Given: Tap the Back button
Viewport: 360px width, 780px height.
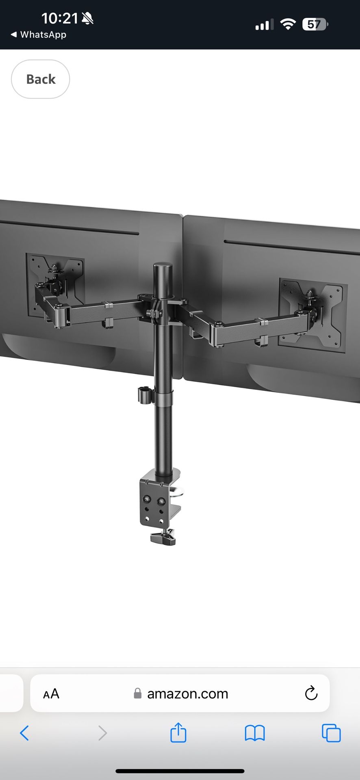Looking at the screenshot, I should pos(40,79).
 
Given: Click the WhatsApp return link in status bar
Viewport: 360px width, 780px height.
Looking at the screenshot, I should pos(39,35).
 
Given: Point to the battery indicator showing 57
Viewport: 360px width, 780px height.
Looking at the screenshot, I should pos(315,24).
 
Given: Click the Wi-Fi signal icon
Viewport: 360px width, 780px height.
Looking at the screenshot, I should pos(288,24).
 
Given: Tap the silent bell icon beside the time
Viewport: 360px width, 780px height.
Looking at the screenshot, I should pos(87,18).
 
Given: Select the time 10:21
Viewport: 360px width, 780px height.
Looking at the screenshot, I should pos(59,18).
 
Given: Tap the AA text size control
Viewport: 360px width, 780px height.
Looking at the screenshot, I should pos(51,693).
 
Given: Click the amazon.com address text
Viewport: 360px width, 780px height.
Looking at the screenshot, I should pos(187,693).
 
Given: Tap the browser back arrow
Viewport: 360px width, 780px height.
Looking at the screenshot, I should pos(24,733).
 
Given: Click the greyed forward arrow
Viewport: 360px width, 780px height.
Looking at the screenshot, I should pos(102,733).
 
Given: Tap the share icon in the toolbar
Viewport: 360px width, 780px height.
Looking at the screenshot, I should pos(178,732).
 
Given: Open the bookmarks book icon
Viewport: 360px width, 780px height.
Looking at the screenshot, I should pos(255,733).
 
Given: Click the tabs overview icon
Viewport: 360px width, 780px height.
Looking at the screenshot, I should pos(331,733).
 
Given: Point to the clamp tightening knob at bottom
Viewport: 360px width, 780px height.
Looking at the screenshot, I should pos(163,539).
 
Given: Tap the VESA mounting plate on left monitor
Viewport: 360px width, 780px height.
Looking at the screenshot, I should pos(55,284).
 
